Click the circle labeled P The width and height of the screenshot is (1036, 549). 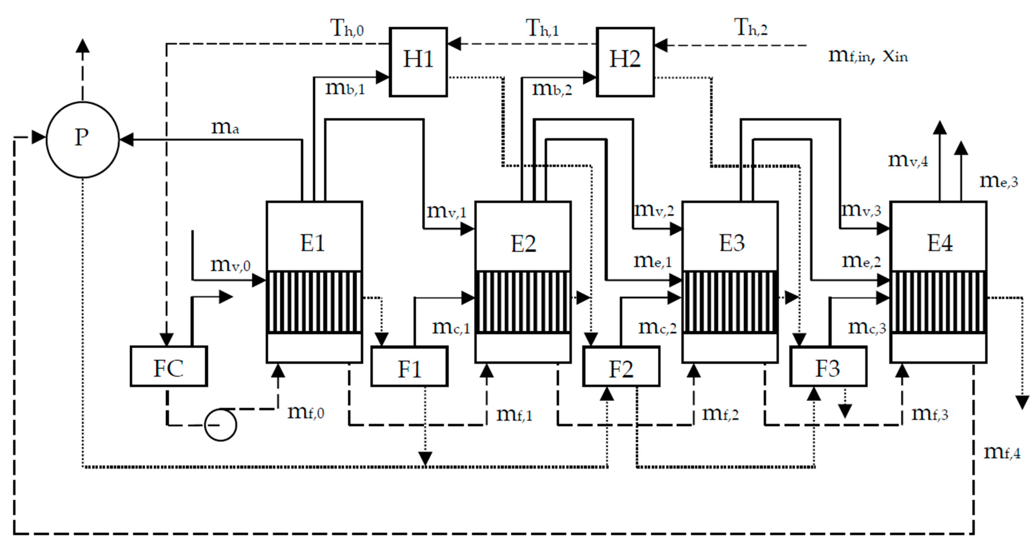click(x=82, y=139)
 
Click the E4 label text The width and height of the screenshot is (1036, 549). click(x=940, y=243)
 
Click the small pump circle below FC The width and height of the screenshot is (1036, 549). click(x=220, y=425)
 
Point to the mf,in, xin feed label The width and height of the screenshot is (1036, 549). click(x=868, y=55)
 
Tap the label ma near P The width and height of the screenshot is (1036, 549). click(x=225, y=128)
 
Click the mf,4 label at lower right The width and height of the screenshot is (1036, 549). click(x=1002, y=453)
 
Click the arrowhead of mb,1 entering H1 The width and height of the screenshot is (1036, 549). click(x=382, y=77)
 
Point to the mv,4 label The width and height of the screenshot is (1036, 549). click(x=908, y=161)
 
